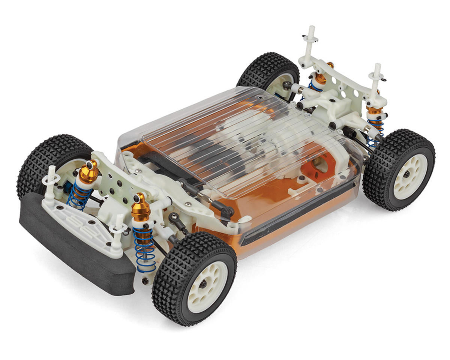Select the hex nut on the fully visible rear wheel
pos(407,175)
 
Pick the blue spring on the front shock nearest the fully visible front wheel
pos(144,247)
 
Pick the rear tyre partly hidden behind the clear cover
pos(262,71)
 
